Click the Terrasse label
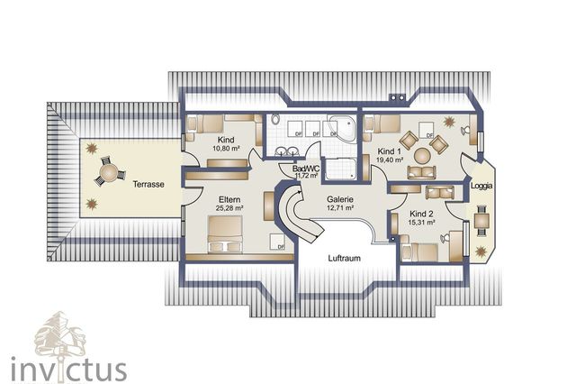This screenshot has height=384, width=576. [148, 184]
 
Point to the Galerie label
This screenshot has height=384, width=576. [339, 200]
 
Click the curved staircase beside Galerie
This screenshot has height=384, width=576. [297, 216]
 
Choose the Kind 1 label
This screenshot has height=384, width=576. [389, 151]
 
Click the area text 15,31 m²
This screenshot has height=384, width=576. [421, 220]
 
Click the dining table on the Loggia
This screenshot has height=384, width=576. [482, 218]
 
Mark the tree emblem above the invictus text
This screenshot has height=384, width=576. [59, 332]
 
